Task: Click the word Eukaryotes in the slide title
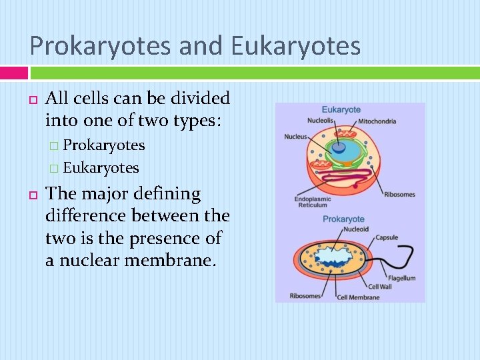295,46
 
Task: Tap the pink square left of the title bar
13,72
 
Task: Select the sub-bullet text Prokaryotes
103,145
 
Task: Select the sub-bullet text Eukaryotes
101,168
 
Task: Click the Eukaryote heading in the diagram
341,110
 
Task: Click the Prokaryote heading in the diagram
343,219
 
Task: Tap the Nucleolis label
321,121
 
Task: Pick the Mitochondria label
377,121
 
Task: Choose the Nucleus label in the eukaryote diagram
295,137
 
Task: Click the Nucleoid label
355,229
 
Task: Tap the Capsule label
386,237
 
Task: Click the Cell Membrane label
358,297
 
